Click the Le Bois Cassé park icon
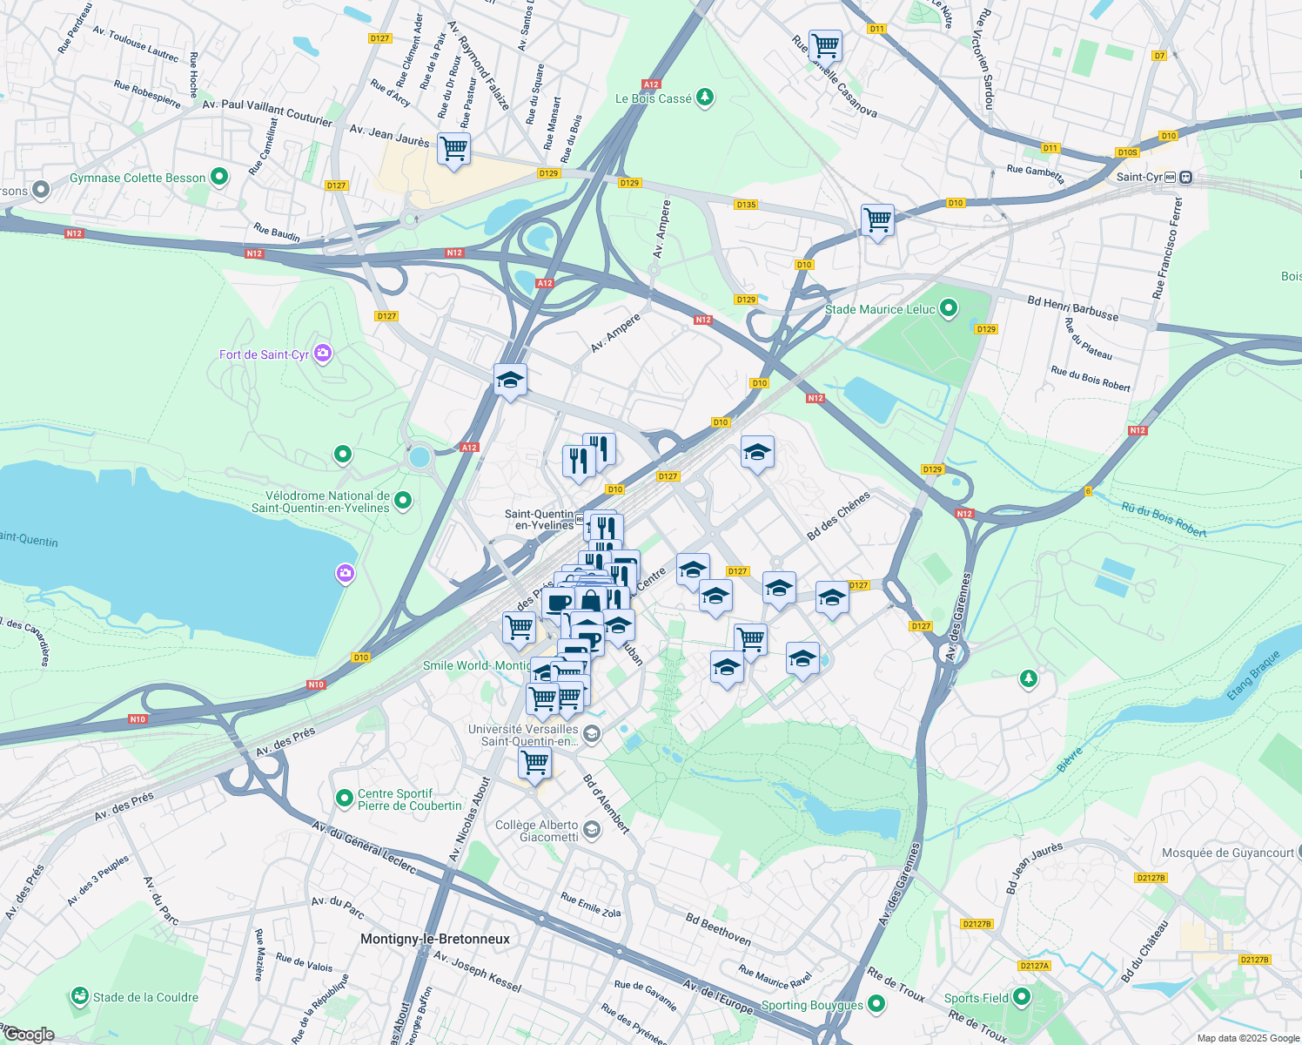point(705,98)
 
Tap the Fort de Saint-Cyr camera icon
point(323,353)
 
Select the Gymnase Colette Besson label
point(138,178)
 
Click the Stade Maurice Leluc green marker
point(949,308)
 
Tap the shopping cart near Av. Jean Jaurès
point(453,149)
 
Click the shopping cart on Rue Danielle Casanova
point(824,44)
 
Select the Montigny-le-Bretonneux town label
point(435,939)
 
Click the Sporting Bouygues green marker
point(876,1005)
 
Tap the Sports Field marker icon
point(1022,996)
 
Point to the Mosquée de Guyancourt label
point(1227,853)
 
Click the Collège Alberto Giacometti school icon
point(592,830)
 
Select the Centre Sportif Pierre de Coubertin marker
point(345,798)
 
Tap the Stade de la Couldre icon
point(80,995)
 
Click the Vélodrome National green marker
point(402,500)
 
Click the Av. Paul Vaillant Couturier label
point(267,111)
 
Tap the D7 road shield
point(1158,56)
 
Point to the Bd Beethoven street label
point(718,929)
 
